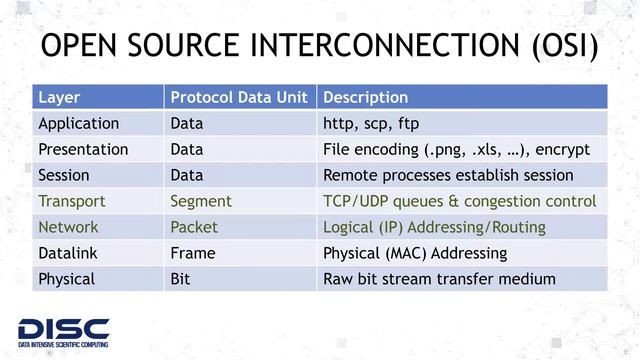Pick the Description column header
(366, 98)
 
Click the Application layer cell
(78, 124)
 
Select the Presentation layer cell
(83, 150)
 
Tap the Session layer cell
(64, 175)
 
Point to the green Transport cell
(71, 201)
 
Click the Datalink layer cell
(68, 253)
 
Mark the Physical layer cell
(66, 279)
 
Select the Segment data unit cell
(201, 201)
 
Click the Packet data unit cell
(194, 227)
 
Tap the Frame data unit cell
(193, 253)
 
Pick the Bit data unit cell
(181, 279)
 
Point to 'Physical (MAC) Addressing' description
(415, 253)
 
